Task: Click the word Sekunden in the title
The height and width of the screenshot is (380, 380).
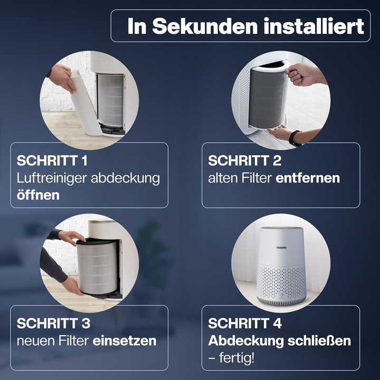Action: point(205,26)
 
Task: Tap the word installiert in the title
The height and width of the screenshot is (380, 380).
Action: point(314,26)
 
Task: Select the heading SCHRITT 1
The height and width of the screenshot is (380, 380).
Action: point(52,160)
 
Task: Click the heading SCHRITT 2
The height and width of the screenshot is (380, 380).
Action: point(244,160)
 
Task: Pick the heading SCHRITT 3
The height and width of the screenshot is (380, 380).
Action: point(53,324)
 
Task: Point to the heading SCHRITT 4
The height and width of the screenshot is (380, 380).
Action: point(245,324)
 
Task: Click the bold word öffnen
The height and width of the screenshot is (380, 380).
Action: point(38,195)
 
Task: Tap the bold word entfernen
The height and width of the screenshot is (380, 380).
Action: point(308,178)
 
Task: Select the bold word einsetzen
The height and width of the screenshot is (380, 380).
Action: point(125,341)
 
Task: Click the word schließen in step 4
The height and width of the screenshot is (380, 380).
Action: point(319,341)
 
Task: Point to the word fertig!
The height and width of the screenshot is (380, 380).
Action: point(237,358)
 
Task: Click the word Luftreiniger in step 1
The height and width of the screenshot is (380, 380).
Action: point(52,178)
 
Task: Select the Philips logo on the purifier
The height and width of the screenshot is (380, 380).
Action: point(282,248)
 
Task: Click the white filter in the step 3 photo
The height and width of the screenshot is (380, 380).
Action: point(98,267)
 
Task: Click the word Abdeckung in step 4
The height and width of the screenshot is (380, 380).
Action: point(246,341)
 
